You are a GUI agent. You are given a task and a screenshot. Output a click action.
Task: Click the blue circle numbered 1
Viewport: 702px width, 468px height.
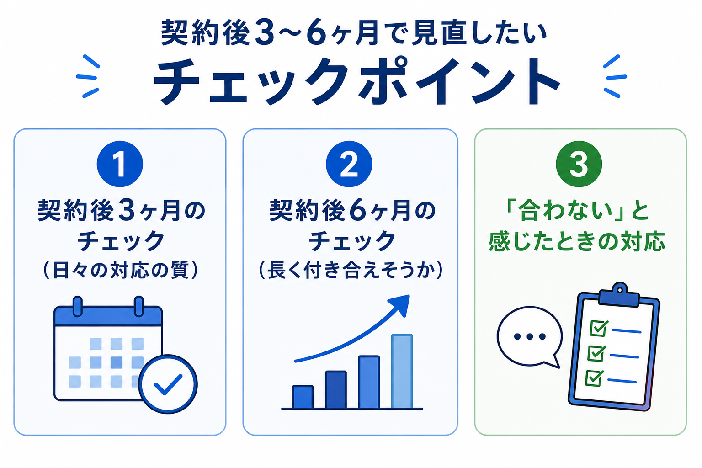tap(120, 164)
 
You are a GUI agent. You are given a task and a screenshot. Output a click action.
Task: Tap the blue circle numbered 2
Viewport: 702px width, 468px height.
tap(349, 164)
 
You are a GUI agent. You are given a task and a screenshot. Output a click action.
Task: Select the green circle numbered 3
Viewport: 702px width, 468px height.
tap(579, 164)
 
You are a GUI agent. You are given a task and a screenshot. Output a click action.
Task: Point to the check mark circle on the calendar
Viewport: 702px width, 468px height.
tap(168, 384)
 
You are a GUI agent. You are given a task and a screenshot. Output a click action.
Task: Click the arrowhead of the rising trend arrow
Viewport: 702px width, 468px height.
tap(400, 304)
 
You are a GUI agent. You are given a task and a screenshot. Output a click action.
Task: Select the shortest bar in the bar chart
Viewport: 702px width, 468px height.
tap(303, 397)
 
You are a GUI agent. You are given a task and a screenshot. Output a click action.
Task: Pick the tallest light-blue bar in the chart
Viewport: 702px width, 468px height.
tap(402, 371)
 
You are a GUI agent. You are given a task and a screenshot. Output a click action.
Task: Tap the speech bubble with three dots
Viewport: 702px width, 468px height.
tap(529, 337)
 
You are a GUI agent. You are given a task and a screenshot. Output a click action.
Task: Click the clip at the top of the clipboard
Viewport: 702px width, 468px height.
tap(619, 295)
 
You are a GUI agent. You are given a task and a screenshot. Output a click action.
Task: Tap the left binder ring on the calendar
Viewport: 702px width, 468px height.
tap(77, 306)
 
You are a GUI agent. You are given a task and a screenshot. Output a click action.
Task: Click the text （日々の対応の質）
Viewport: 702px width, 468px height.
tap(120, 270)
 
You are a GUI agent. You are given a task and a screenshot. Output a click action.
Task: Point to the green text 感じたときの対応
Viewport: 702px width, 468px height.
tap(577, 241)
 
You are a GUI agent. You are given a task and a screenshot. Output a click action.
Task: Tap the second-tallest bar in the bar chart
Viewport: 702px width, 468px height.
tap(369, 382)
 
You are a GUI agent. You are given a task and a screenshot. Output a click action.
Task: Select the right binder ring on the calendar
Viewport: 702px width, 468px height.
tap(138, 306)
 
